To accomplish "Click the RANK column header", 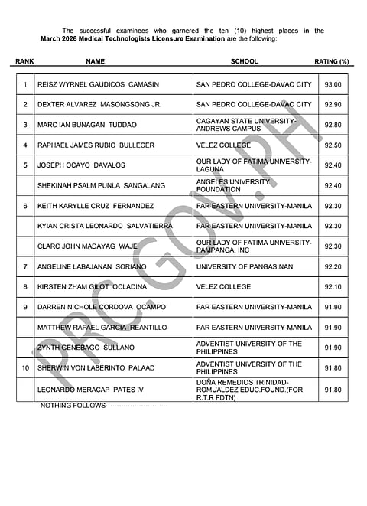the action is coord(24,61).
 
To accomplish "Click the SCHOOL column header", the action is coord(244,61).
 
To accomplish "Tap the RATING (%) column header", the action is coord(331,61).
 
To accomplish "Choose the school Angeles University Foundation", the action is coord(232,185).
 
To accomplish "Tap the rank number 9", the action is coord(25,307).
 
